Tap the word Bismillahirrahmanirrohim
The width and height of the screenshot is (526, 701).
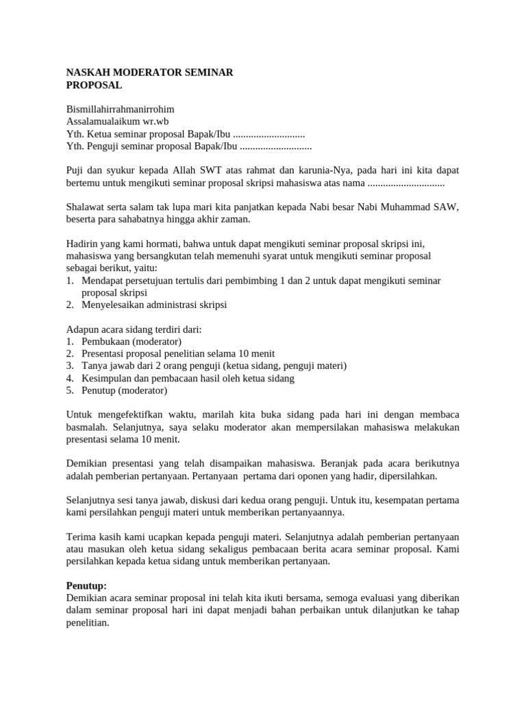[120, 109]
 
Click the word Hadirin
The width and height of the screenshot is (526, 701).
[82, 244]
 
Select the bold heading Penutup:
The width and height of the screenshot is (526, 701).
[86, 586]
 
